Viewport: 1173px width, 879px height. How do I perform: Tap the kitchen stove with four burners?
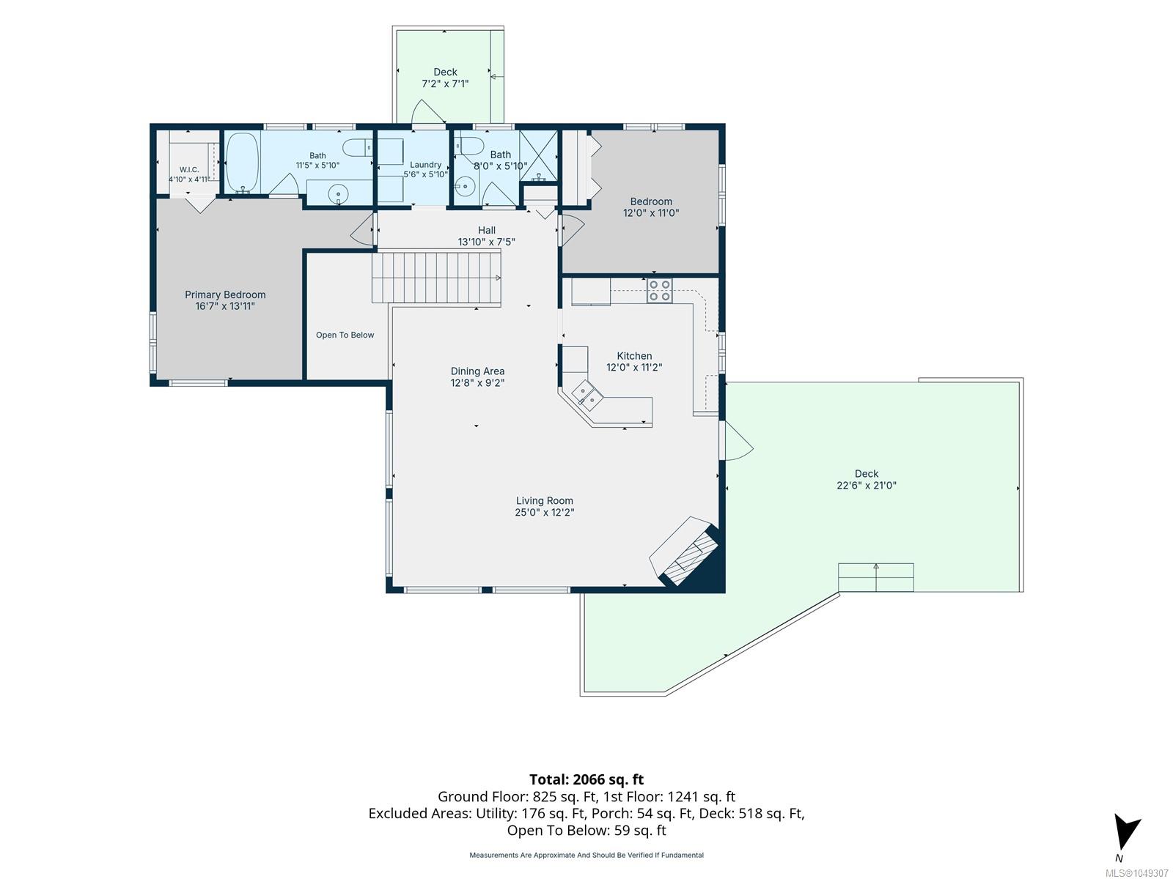[x=659, y=291]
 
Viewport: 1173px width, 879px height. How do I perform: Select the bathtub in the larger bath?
[x=242, y=162]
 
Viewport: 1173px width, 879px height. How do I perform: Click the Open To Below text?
[x=345, y=335]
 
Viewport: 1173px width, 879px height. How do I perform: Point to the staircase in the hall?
[x=436, y=278]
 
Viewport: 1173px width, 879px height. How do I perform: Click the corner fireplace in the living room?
[x=688, y=552]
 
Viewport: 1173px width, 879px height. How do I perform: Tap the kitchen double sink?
[x=586, y=396]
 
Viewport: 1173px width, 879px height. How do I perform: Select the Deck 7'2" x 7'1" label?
[x=445, y=78]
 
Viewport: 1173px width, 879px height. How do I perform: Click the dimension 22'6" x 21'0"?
[x=867, y=485]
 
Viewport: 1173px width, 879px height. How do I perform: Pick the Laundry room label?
[x=425, y=165]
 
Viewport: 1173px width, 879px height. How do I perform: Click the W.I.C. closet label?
[x=189, y=170]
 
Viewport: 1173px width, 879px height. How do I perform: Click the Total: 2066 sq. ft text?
[x=586, y=779]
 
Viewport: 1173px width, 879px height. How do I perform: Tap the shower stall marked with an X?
[x=538, y=156]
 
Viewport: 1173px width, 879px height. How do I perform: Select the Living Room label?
[x=544, y=500]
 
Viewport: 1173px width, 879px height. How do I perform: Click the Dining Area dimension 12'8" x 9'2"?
[x=477, y=382]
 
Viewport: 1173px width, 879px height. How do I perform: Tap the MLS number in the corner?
[x=1136, y=873]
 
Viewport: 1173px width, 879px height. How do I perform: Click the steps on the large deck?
[x=875, y=577]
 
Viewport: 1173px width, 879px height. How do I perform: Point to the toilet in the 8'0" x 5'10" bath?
[x=470, y=145]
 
